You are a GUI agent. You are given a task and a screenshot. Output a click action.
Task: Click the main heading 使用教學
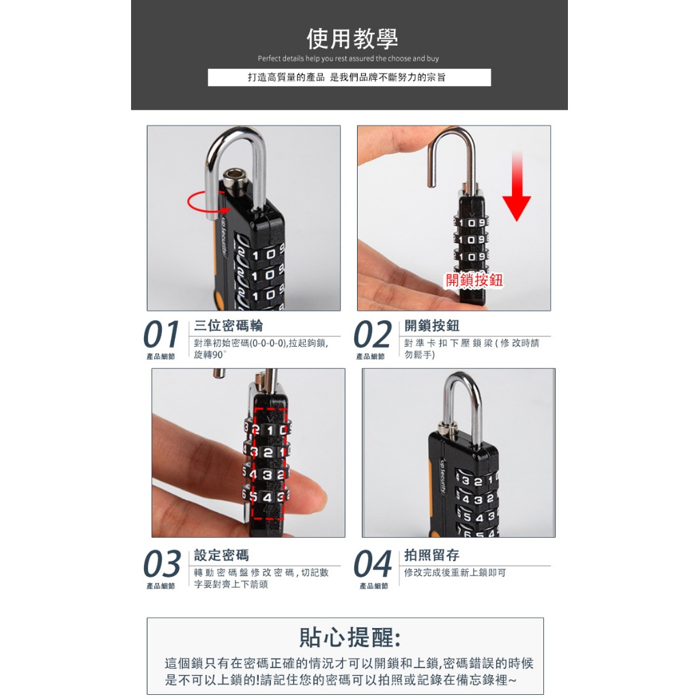click(x=352, y=38)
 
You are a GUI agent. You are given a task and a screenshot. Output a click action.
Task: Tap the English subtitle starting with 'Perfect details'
click(x=348, y=59)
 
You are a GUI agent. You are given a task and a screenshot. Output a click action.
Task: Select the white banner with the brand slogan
click(x=349, y=77)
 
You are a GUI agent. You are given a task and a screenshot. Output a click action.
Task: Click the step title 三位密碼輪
click(x=228, y=326)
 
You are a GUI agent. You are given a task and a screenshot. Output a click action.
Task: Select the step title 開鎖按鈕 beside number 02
click(x=431, y=326)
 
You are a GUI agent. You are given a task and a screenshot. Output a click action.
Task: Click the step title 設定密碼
click(x=222, y=555)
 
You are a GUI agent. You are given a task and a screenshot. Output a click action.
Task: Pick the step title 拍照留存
click(x=431, y=555)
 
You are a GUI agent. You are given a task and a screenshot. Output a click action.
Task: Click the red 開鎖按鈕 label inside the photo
click(x=474, y=280)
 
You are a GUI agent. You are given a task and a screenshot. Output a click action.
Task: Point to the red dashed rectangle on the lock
click(x=254, y=463)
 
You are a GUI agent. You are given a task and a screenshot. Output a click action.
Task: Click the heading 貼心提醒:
click(x=350, y=637)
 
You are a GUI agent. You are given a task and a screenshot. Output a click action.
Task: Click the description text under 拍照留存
click(x=455, y=573)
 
